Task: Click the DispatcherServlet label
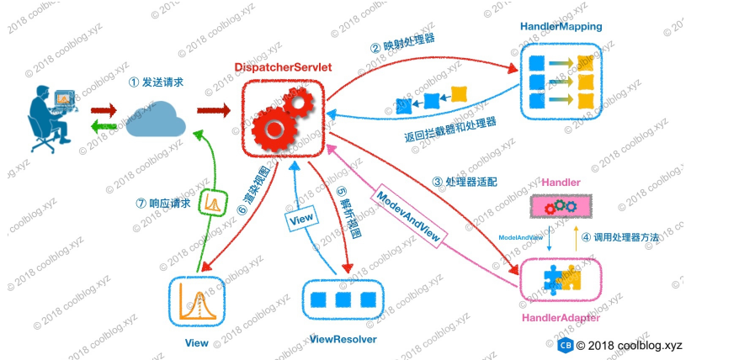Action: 284,66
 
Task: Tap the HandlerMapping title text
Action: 561,27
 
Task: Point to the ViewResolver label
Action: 343,339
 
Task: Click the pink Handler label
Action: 561,183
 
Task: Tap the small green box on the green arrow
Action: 212,203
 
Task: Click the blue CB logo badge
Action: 566,346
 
